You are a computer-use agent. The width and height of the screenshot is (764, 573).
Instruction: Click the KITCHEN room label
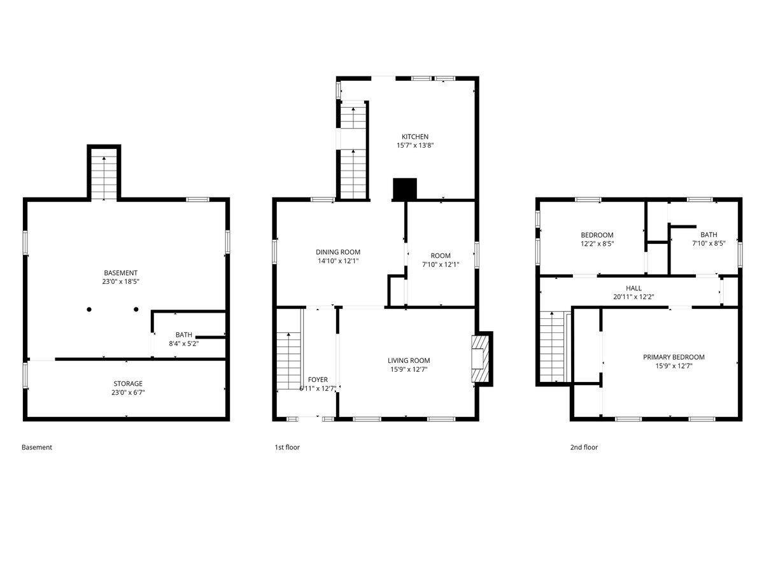click(414, 137)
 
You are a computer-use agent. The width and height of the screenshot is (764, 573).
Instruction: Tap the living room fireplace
click(481, 358)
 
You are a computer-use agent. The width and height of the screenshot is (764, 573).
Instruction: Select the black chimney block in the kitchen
click(404, 189)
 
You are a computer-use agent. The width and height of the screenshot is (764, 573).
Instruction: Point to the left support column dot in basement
click(90, 310)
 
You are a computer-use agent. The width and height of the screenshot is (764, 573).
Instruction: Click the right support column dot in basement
click(136, 310)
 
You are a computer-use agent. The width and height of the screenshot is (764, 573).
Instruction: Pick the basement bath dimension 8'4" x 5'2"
click(183, 343)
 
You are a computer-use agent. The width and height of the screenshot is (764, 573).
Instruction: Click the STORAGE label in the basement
click(128, 384)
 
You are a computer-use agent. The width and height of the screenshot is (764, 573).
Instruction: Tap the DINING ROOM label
click(338, 252)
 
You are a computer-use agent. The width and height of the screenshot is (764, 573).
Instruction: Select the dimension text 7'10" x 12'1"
click(440, 264)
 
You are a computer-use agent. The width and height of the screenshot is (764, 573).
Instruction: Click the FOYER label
click(318, 380)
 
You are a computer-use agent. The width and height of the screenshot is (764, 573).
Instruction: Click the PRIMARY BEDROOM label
click(674, 357)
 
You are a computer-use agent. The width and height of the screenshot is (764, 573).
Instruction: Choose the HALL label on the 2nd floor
click(633, 288)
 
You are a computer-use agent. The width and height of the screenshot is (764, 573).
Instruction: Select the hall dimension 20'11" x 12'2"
click(633, 297)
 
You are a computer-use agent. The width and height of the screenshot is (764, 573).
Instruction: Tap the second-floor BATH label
click(708, 235)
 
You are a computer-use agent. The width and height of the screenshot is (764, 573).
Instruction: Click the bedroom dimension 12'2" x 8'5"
click(597, 243)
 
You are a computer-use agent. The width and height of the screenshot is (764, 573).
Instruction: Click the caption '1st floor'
click(286, 448)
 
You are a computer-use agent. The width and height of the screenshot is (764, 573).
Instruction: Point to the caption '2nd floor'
click(583, 448)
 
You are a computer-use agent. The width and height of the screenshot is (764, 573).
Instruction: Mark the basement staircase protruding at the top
click(104, 174)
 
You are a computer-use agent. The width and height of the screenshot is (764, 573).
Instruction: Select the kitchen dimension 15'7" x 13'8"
click(414, 146)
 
